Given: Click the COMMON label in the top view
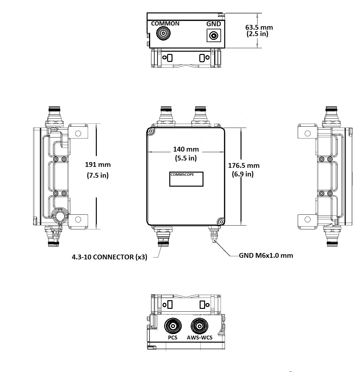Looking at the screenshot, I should coord(165,24).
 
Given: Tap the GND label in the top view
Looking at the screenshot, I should coord(213,24).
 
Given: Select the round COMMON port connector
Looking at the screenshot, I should coord(163,33).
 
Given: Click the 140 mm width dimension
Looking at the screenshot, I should coord(186,149).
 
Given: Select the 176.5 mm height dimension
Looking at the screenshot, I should coord(243,166).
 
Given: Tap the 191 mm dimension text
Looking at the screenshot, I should coord(98,165).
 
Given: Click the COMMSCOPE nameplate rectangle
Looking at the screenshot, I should coord(186,179).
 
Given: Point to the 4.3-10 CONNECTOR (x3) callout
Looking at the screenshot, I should coord(110,257).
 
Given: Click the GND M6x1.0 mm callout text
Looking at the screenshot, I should coord(266,255).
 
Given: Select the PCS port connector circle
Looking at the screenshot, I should coord(173,326).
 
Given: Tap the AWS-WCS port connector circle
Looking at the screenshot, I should coord(199,326).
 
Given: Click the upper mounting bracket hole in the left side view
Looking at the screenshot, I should coord(78,133).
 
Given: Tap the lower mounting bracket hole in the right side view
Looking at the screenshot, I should coord(308,219).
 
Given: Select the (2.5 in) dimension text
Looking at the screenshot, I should coord(257,34).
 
